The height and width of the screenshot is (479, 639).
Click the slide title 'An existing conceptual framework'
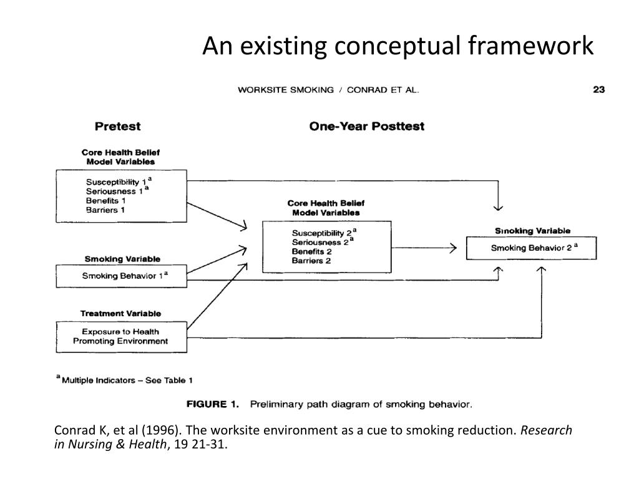pos(398,46)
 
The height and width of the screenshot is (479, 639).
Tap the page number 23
pos(598,90)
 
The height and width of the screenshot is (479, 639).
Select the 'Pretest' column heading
pos(117,126)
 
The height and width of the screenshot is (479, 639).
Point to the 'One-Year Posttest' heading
pos(366,126)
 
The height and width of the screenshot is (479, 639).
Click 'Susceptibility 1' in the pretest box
pos(115,181)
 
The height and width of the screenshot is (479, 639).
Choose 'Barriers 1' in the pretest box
pos(105,210)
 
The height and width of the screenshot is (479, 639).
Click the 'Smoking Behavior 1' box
pos(122,276)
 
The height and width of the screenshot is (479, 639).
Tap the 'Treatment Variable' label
pos(120,313)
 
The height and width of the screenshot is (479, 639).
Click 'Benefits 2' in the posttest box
pos(311,251)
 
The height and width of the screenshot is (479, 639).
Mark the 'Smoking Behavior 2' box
pos(532,248)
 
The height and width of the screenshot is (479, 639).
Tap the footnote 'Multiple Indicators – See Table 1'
pos(127,380)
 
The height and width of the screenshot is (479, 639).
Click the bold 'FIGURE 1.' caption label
pos(213,404)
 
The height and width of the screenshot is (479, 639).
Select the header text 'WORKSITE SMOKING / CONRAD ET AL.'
pos(328,90)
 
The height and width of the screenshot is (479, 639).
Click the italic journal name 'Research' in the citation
pos(546,431)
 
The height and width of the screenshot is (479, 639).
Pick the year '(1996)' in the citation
pos(162,431)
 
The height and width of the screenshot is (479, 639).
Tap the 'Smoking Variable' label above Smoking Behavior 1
pos(122,259)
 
